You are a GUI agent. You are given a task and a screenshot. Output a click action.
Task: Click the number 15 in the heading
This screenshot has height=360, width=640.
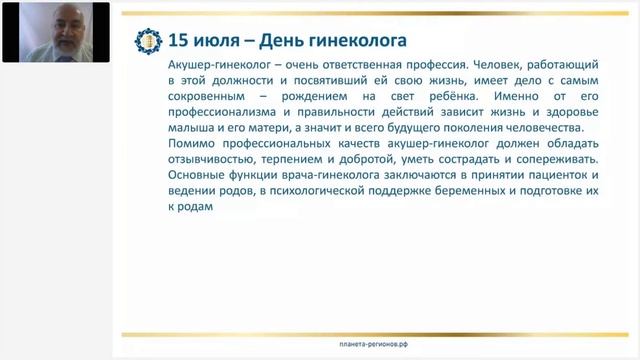[x=177, y=41]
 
